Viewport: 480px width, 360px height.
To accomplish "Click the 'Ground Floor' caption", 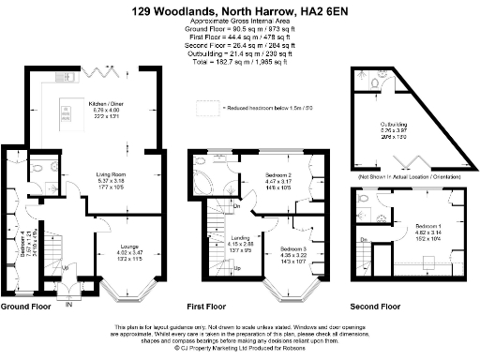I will [x=25, y=306].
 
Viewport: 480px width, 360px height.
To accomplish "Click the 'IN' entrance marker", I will [x=68, y=302].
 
